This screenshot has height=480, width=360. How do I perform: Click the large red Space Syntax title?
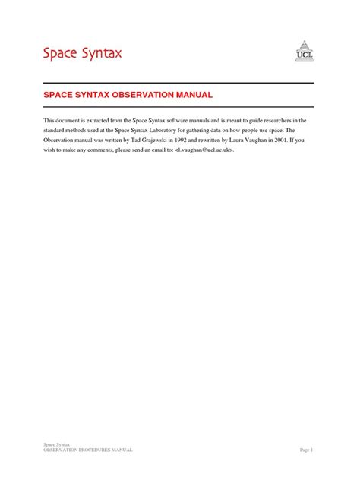[81, 53]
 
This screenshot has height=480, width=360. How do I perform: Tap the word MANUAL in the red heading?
[191, 95]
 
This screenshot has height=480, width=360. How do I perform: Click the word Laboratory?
[177, 131]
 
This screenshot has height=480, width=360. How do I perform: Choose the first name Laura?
[244, 141]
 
